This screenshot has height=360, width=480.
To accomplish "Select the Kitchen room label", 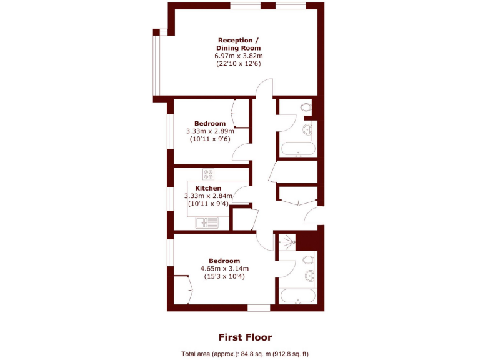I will pos(208,188).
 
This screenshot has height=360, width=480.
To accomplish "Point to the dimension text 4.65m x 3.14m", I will pos(224,269).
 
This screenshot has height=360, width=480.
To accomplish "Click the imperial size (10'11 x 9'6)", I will pos(210,139).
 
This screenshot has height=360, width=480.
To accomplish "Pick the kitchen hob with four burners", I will pos(208,174).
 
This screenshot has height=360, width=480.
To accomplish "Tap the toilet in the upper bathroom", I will pos(306,108).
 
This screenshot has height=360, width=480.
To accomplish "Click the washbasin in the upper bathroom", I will pos(307,130).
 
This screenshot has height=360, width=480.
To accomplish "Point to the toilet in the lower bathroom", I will pos(307,260).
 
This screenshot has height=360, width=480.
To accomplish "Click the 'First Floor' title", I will pos(245,337).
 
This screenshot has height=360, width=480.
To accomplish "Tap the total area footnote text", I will pos(245,354).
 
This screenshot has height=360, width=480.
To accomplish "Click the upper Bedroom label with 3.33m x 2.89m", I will pos(210,123).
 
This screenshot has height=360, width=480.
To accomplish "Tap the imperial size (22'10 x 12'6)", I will pos(237,64).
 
